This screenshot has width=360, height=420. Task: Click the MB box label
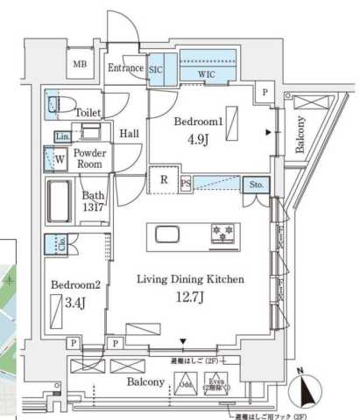[80, 64]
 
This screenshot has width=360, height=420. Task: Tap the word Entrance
[126, 68]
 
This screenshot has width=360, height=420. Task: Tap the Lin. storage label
[62, 137]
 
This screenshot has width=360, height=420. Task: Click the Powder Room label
[90, 157]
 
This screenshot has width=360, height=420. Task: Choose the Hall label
[130, 134]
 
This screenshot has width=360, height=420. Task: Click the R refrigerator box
[163, 182]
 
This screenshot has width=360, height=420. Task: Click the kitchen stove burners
[222, 233]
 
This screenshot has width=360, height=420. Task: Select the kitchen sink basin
[169, 234]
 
